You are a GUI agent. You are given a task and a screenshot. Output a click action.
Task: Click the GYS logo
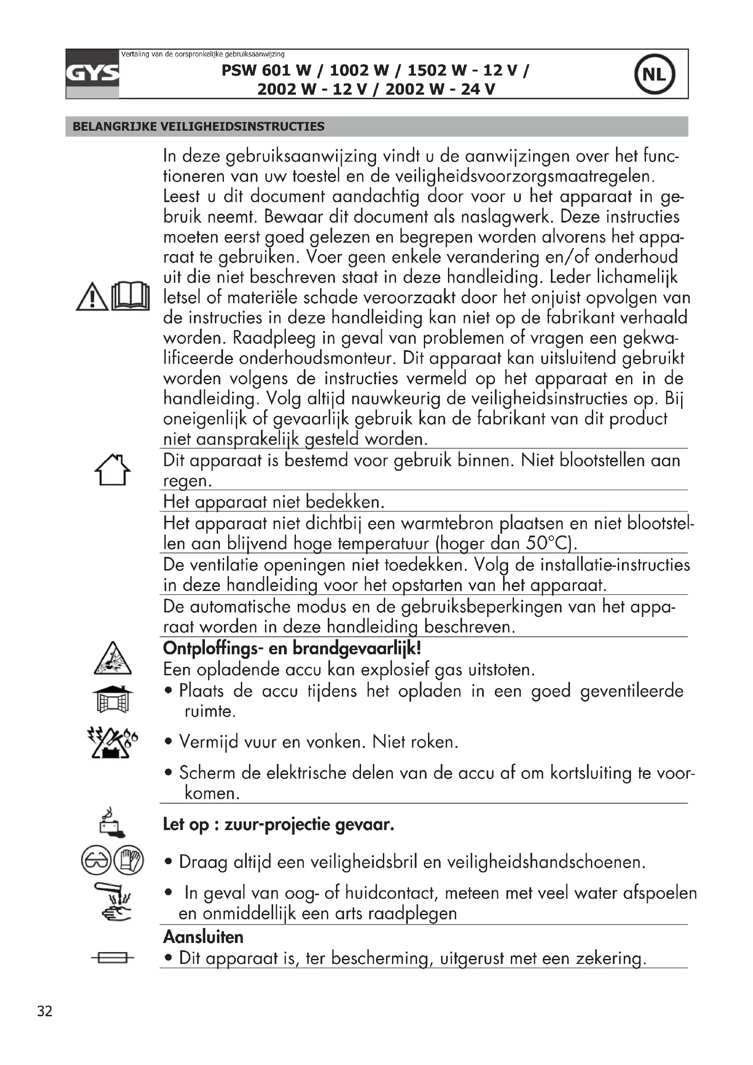click(92, 74)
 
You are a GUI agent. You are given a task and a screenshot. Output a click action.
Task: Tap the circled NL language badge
click(654, 74)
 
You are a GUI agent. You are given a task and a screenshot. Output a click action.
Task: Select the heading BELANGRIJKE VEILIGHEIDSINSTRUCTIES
click(198, 127)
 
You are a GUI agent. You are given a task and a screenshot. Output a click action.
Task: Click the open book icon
click(131, 296)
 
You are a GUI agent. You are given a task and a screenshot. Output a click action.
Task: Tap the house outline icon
click(112, 470)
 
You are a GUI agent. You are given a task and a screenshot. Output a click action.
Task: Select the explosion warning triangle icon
click(112, 659)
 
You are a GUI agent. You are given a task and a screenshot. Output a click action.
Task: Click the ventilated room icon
click(112, 699)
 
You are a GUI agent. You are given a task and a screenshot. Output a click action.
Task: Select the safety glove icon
click(128, 861)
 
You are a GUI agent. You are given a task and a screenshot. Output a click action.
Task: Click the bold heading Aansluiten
click(203, 937)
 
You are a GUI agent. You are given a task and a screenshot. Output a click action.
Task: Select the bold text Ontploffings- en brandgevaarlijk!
click(292, 648)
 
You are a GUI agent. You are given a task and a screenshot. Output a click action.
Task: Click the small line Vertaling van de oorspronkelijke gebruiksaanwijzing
click(203, 54)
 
